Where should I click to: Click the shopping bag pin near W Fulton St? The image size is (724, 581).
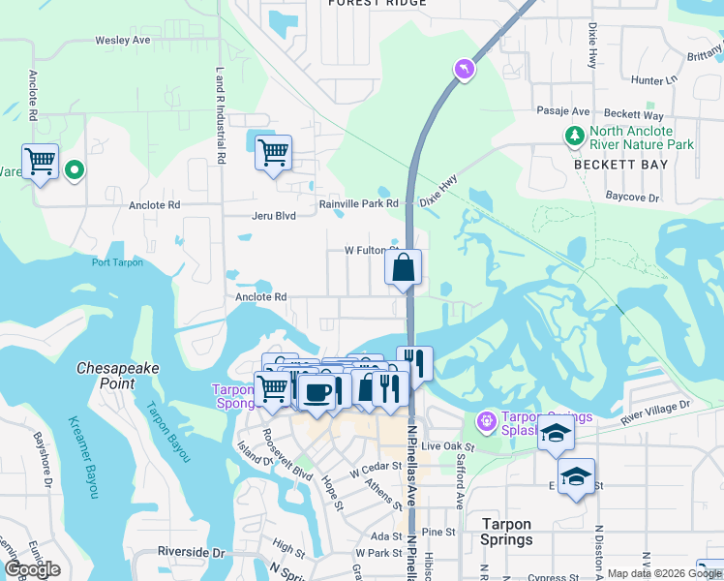coord(403,267)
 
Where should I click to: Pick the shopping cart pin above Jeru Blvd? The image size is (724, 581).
coord(273,152)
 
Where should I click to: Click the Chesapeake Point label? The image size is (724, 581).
coord(118,376)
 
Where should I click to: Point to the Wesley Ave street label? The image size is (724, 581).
coord(123,41)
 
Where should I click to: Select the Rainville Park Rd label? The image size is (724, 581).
coord(359,204)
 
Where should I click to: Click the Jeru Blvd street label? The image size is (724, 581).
coord(274,216)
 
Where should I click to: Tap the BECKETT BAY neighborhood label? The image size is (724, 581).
coord(620,166)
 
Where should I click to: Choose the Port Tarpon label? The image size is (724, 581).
coord(117,262)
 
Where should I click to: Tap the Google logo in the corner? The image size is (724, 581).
coord(32,569)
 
